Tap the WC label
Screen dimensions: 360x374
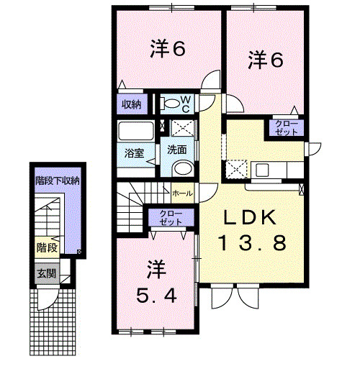pyautogui.click(x=186, y=104)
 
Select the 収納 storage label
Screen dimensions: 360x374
pyautogui.click(x=131, y=104)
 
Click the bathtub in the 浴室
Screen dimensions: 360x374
pyautogui.click(x=136, y=131)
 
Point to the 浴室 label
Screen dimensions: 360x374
pyautogui.click(x=134, y=153)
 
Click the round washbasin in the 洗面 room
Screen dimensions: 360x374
pyautogui.click(x=183, y=168)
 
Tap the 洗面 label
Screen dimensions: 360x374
pyautogui.click(x=177, y=150)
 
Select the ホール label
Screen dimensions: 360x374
pyautogui.click(x=182, y=193)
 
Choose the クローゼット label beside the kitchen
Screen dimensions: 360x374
pyautogui.click(x=287, y=128)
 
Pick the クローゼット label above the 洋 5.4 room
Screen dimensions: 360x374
pyautogui.click(x=171, y=217)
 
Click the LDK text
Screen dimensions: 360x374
pyautogui.click(x=250, y=217)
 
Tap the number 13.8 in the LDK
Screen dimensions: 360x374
pyautogui.click(x=252, y=242)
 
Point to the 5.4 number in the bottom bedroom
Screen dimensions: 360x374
pyautogui.click(x=156, y=295)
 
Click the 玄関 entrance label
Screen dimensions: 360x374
pyautogui.click(x=47, y=273)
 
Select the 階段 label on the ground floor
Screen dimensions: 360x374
pyautogui.click(x=47, y=247)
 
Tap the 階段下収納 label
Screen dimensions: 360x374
pyautogui.click(x=58, y=181)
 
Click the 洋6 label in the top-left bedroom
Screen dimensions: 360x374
pyautogui.click(x=168, y=49)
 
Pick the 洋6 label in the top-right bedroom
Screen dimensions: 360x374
pyautogui.click(x=266, y=60)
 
